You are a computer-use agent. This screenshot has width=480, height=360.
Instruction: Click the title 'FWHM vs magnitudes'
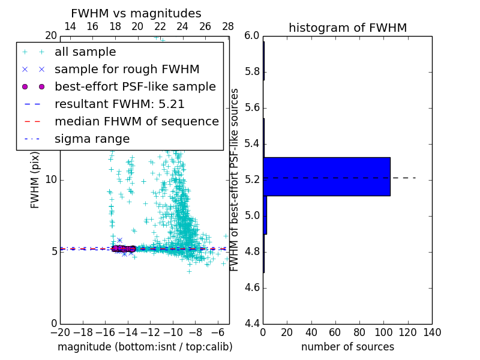(x=136, y=14)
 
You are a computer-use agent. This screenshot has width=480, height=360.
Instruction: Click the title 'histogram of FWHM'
(x=347, y=28)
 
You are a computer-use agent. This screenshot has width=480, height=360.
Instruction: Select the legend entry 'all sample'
(x=85, y=52)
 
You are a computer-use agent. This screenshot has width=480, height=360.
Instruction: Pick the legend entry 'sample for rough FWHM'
(x=127, y=70)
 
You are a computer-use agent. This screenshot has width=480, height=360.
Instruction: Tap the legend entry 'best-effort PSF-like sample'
(x=135, y=87)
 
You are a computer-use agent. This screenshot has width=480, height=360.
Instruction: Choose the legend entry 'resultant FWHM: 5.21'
(x=119, y=104)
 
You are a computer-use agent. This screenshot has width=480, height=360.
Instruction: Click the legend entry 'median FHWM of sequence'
(x=136, y=122)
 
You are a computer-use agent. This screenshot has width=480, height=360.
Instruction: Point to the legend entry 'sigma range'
(x=92, y=139)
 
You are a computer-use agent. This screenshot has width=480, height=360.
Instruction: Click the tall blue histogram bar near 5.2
(x=326, y=176)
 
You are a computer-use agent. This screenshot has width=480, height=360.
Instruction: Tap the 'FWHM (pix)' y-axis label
(x=35, y=180)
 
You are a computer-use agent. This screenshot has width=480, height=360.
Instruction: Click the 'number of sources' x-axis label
(x=347, y=347)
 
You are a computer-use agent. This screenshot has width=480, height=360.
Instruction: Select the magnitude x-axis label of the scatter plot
(x=145, y=347)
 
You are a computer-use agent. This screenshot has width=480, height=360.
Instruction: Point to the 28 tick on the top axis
(x=228, y=27)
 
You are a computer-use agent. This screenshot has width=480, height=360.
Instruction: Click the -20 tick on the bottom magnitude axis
(x=60, y=332)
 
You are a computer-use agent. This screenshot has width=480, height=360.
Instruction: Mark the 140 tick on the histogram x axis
(x=432, y=332)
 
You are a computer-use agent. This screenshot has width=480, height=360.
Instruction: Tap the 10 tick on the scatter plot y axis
(x=51, y=180)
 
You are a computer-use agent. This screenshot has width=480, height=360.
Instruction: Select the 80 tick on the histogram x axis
(x=359, y=332)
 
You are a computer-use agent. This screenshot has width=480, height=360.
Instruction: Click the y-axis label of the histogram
(x=235, y=180)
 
